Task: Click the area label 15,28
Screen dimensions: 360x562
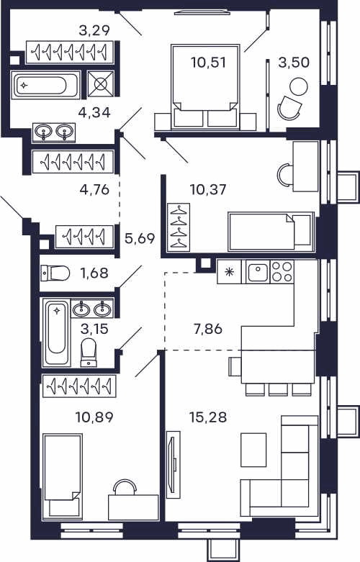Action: point(208,417)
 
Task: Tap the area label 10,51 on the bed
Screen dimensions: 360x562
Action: point(208,63)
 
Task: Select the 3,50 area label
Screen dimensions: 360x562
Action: point(294,63)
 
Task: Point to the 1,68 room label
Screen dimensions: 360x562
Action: point(94,273)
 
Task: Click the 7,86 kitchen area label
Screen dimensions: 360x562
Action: point(208,329)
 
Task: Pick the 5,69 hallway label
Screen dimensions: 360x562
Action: point(140,238)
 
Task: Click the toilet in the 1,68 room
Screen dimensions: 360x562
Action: point(55,273)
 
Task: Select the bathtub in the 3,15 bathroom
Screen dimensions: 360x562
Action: point(56,332)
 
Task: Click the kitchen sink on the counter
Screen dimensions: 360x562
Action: point(258,273)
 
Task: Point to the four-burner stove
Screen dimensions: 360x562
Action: point(282,272)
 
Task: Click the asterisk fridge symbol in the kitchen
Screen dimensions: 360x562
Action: point(228,272)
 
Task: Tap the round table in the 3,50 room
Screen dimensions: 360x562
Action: point(298,87)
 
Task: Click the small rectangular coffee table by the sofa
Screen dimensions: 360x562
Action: point(253,450)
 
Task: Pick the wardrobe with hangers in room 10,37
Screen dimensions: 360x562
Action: point(179,227)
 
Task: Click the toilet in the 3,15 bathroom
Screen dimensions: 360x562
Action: point(89,353)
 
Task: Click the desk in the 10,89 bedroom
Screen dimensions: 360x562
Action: point(133,507)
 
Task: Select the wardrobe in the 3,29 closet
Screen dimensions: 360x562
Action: point(70,53)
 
